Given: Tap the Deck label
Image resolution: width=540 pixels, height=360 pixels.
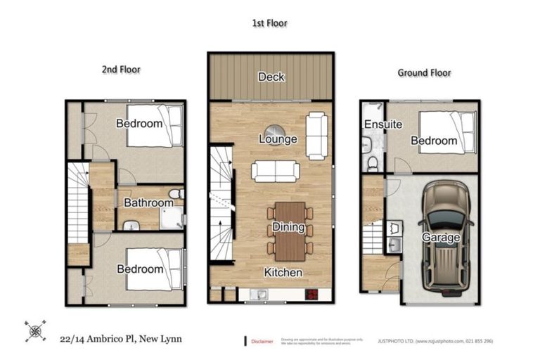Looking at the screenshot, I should (271, 77).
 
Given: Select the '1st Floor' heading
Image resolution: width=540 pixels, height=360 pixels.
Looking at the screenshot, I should (269, 23).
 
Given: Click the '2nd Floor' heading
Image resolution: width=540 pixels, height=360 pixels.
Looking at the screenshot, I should (121, 70).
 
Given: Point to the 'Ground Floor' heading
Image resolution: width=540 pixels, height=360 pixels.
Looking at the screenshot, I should (424, 72).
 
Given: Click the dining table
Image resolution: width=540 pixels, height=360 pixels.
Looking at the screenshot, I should (288, 231).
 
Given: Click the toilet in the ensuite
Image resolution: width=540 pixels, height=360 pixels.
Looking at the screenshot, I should (373, 163).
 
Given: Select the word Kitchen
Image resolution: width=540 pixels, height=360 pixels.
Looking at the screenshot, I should (283, 272).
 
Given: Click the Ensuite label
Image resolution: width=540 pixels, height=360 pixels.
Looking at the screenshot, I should (382, 124).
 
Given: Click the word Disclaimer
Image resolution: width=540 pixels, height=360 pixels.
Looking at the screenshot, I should (264, 342).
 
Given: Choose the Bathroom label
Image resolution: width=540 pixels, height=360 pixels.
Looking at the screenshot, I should (148, 203).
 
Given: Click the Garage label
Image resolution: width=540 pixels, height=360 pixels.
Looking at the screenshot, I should (440, 238).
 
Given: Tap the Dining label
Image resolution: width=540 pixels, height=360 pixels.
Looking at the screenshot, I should (288, 227).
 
